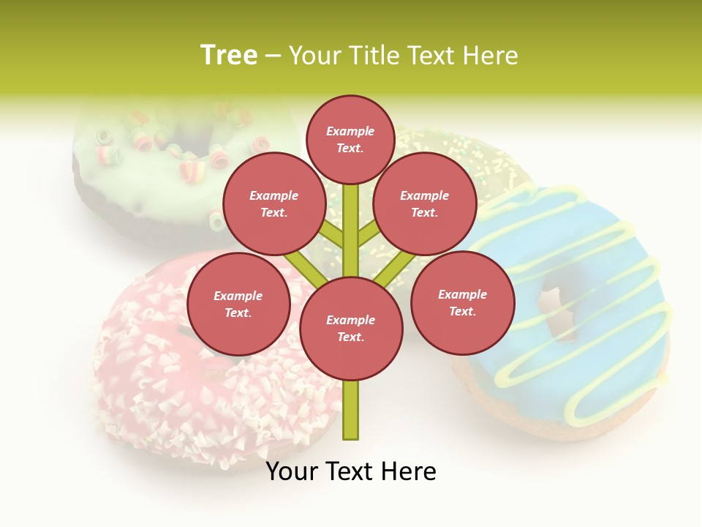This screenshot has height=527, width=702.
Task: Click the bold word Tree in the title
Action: (x=229, y=55)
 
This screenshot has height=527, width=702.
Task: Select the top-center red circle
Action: (x=350, y=139)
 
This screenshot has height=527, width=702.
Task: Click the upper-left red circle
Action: (x=273, y=203)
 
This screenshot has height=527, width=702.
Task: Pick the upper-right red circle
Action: (x=424, y=203)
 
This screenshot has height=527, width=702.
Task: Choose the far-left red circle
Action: (x=238, y=304)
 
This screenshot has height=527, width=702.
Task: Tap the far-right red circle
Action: (x=462, y=302)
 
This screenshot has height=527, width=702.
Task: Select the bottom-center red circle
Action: (x=351, y=328)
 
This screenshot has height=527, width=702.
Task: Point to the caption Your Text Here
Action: (x=351, y=471)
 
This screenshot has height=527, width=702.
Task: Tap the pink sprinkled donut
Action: (x=183, y=388)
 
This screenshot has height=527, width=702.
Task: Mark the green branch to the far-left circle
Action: (x=303, y=266)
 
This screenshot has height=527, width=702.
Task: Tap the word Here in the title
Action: (x=489, y=55)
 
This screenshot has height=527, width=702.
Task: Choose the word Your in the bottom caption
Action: (x=292, y=471)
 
